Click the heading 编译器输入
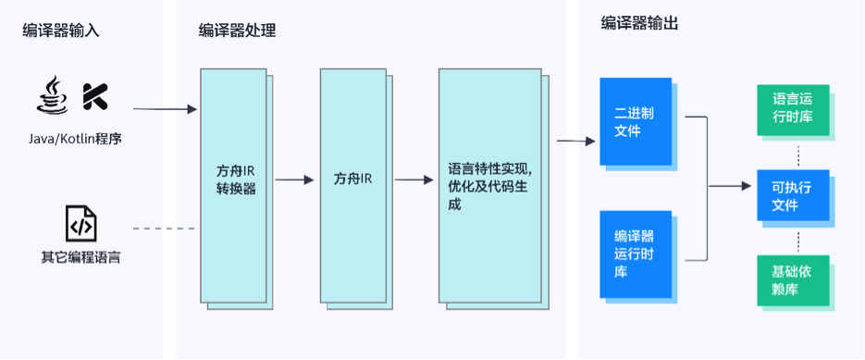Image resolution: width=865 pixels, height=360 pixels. coord(61,31)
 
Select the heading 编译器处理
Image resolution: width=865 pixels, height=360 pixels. coord(237,31)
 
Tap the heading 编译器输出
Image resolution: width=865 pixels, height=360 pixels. coord(639,24)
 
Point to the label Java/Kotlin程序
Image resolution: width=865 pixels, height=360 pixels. coord(75,139)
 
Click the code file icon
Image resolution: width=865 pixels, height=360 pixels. coord(80,224)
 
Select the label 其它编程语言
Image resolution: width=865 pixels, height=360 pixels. coord(80,256)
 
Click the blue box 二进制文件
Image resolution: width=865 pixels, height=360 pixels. coord(639,122)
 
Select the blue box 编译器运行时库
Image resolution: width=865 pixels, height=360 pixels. coord(639,253)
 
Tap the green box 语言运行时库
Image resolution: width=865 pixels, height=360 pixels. coord(793,110)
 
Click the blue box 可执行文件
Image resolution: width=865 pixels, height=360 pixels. coord(793,195)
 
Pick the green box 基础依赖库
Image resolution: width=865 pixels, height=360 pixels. coord(793,281)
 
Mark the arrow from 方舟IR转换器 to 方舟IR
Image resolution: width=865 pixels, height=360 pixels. coord(295,180)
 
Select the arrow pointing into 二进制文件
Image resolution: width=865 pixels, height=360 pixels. coord(575,142)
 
